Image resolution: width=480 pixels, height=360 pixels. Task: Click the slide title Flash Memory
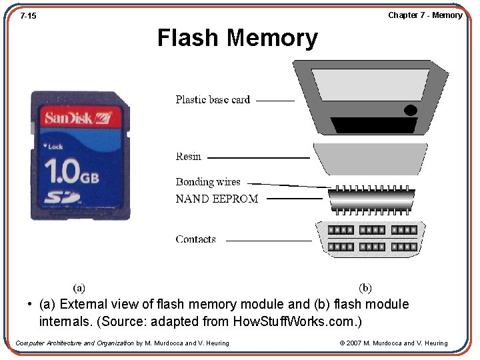coord(237,38)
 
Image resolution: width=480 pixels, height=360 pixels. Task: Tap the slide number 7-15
coord(28,15)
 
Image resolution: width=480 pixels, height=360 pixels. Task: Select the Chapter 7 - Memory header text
coord(425,15)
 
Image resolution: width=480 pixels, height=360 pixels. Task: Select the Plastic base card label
coord(213,100)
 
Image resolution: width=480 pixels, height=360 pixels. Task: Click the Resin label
coord(188,157)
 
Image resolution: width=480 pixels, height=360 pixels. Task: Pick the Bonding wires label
coord(208,182)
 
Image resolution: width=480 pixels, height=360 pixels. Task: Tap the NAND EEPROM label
coord(217,199)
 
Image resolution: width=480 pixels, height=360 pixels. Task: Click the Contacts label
coord(195,239)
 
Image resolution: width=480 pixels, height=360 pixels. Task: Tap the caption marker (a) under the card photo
coord(79,288)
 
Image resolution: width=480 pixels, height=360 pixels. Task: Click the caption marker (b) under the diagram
coord(365,288)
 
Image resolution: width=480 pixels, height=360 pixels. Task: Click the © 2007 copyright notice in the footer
coord(393,343)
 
